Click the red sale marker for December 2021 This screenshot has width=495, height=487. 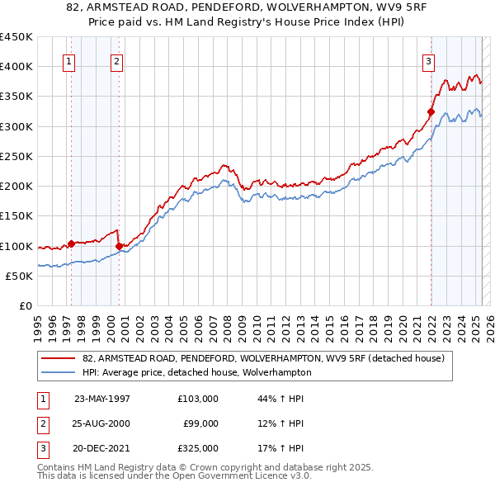coord(431,111)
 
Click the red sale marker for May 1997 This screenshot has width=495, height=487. coord(71,243)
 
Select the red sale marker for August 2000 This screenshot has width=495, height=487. coord(119,246)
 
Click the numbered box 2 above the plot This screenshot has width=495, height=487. coord(117,60)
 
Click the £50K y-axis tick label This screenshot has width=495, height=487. coord(19,276)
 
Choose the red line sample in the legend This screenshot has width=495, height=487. coord(59,358)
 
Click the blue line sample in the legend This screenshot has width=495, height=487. coord(59,372)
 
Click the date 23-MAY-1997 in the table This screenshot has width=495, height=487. coord(102,399)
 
